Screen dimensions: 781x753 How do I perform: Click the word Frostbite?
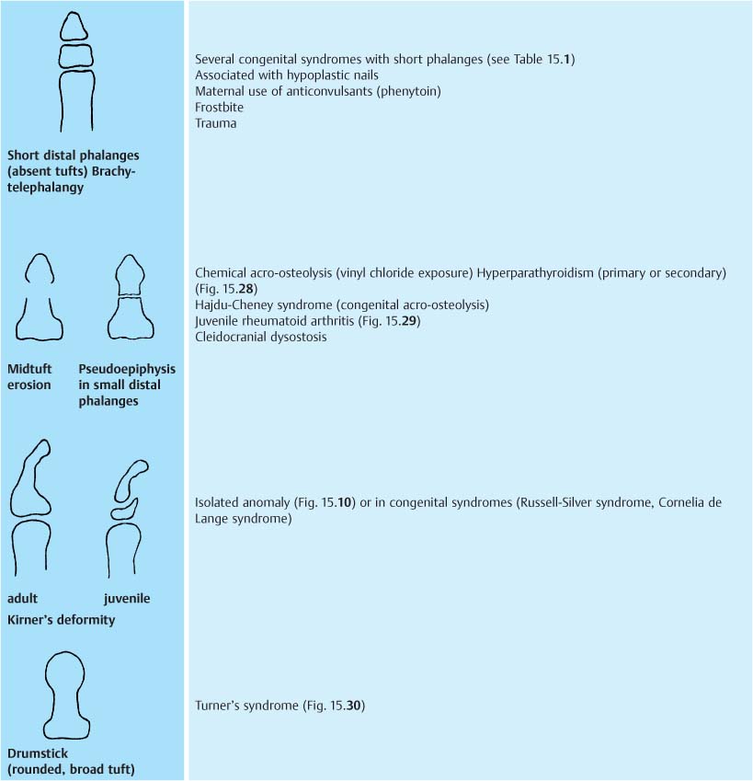219,107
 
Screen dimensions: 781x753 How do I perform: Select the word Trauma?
215,123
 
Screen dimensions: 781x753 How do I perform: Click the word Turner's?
218,706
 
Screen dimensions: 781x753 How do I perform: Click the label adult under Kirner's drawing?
22,599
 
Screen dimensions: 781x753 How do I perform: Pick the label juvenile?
127,599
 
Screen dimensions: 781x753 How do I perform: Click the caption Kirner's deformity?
61,620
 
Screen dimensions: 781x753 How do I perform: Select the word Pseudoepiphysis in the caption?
127,369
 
